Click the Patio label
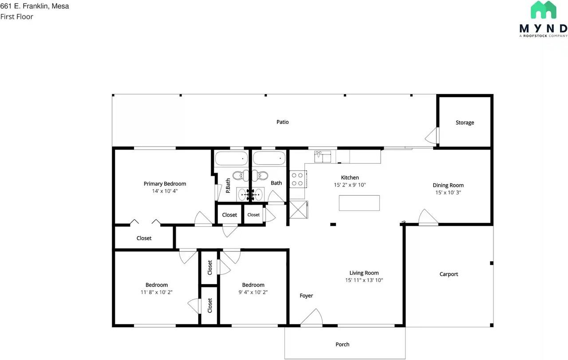283,122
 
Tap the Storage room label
465,123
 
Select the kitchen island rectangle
359,203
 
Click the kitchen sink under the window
323,156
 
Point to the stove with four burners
297,179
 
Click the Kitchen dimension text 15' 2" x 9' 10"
350,185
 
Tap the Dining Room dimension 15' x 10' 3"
448,193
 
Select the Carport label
449,274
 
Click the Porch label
342,344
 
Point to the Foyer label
306,296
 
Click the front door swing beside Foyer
312,318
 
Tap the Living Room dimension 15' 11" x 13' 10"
364,280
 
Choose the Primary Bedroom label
165,184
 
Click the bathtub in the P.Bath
231,158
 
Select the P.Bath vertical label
228,185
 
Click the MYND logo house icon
544,10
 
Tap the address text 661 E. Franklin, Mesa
35,6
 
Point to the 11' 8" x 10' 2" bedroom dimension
157,292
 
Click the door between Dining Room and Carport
428,218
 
